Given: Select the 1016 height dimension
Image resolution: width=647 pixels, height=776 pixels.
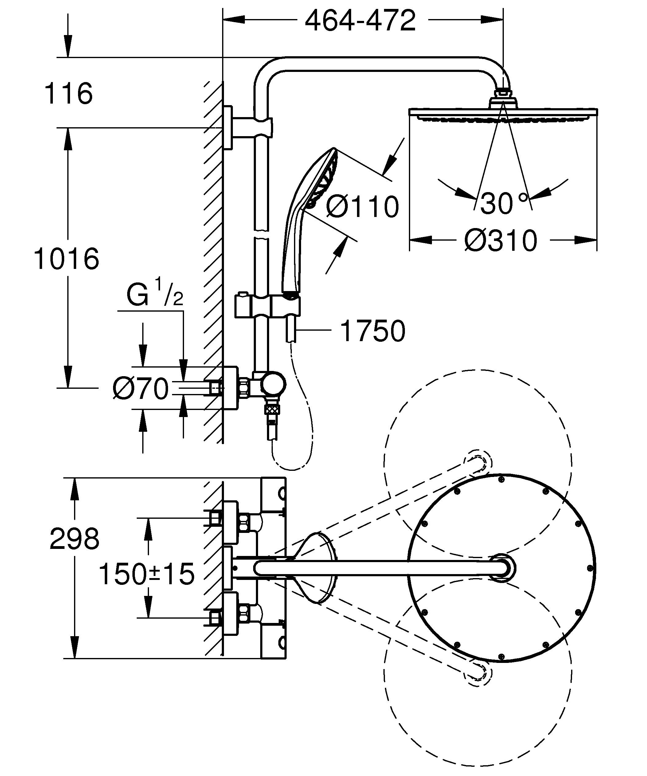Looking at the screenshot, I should tap(66, 259).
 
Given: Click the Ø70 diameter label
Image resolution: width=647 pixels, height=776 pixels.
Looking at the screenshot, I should tap(141, 389).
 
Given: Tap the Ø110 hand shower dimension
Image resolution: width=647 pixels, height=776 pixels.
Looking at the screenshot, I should tap(362, 207).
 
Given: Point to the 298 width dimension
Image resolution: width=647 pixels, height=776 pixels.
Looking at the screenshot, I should tap(74, 539).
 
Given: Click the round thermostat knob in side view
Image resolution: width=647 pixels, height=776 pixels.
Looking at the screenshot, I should tap(273, 385).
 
